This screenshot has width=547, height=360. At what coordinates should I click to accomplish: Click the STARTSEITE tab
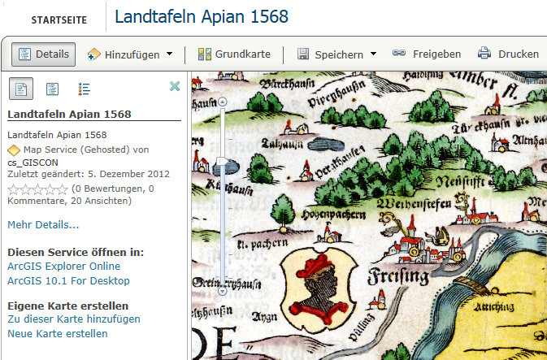tap(54, 20)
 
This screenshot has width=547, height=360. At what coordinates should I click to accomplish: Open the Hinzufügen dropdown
tap(130, 54)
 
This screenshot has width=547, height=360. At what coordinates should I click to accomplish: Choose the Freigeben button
tap(427, 54)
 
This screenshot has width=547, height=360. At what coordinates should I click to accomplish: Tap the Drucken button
tap(508, 54)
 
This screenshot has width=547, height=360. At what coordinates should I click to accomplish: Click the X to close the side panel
tap(174, 87)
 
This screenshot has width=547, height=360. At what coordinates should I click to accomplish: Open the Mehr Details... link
tap(43, 224)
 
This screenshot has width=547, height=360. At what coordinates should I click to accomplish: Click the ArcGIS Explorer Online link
tap(63, 267)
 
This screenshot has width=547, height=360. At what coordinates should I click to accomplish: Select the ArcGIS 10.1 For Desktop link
tap(68, 281)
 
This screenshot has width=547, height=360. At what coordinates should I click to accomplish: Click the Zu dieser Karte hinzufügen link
tap(73, 319)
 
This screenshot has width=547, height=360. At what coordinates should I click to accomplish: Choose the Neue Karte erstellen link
tap(57, 334)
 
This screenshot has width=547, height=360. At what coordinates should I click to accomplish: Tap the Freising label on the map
tap(398, 276)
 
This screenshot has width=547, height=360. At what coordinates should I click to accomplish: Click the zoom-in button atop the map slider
tap(223, 101)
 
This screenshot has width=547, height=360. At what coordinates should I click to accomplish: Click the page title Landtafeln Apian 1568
tap(202, 17)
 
